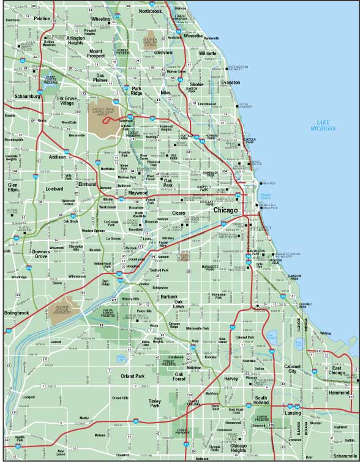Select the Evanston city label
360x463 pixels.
coord(231,82)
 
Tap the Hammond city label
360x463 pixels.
coord(338,392)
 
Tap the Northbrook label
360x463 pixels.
coord(150,11)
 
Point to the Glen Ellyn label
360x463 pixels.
coord(13,187)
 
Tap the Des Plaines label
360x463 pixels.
coord(100,78)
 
